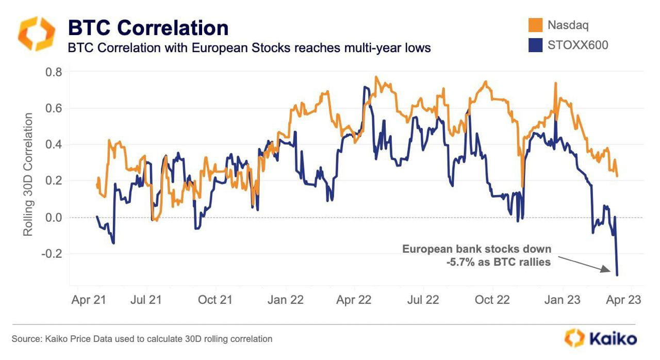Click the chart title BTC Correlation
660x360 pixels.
point(148,28)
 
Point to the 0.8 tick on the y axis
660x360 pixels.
point(54,72)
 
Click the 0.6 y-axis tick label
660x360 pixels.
point(54,108)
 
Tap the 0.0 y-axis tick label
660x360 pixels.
point(54,218)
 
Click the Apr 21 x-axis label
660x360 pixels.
point(88,300)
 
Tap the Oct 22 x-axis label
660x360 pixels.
point(491,300)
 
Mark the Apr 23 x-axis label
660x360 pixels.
point(624,300)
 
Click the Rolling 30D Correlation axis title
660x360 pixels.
point(28,174)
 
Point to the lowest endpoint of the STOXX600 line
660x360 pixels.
point(617,275)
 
